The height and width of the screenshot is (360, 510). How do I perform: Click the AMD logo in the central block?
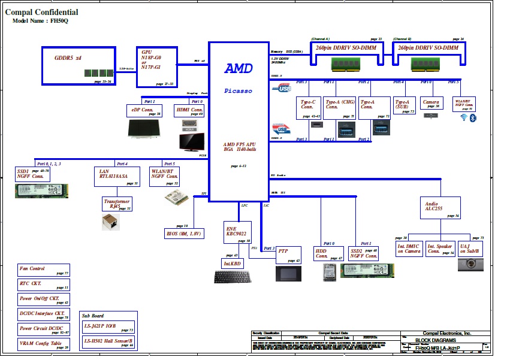(239, 68)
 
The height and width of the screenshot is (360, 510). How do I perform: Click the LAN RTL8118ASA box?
(117, 177)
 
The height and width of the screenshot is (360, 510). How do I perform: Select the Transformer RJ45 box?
(117, 204)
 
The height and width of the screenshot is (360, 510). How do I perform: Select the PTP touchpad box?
(288, 255)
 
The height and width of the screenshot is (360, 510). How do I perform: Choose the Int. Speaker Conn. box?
(440, 249)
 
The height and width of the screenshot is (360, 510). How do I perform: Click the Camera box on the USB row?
(431, 104)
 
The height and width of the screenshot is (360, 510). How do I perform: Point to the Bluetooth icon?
(472, 118)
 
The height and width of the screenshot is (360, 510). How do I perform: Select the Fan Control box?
(44, 270)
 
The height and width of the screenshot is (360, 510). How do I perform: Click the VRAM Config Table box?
(44, 344)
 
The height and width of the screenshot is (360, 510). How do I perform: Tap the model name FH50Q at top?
(60, 21)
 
